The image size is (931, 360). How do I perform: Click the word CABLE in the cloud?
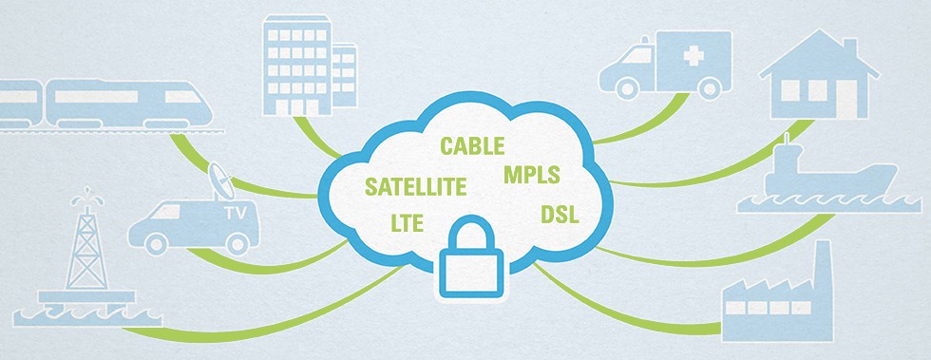(471, 146)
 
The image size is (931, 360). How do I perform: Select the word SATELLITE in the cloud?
(414, 185)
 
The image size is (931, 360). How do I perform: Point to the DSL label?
(560, 213)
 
